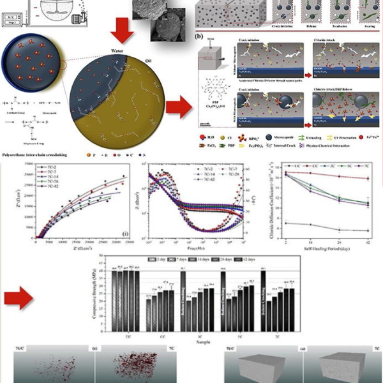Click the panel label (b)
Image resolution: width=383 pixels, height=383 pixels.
pos(202,37)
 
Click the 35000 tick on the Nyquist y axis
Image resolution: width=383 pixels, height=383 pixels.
pos(26,165)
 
